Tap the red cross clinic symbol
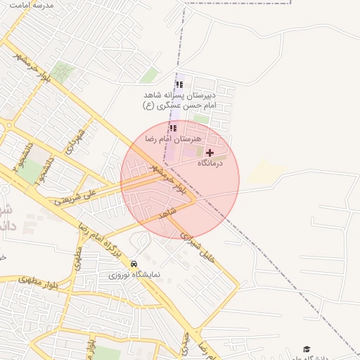(x=210, y=152)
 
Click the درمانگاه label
(x=210, y=163)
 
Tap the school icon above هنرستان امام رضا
(x=173, y=128)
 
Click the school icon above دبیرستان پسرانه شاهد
(x=179, y=84)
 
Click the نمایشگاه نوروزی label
(x=134, y=274)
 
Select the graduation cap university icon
(x=306, y=349)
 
